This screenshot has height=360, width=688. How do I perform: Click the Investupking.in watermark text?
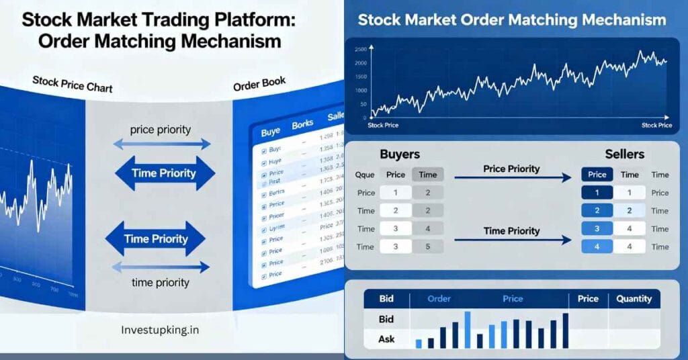point(161,330)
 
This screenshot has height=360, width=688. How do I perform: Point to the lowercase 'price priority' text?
point(161,128)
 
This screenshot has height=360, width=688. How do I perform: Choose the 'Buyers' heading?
point(400,154)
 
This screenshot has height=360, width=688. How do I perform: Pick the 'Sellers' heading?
point(626,154)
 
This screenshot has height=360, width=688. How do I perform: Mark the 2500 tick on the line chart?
point(360,50)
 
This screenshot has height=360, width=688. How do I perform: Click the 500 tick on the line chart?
point(362,104)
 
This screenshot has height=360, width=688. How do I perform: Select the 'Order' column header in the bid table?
point(439,299)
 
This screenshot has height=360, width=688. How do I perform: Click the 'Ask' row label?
point(386,339)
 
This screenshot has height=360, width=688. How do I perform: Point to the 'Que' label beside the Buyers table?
point(365,175)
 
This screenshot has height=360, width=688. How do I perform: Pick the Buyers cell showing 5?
point(427,246)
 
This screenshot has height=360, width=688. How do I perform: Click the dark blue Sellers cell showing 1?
point(597,193)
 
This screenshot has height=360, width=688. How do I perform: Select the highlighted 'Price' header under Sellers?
point(597,175)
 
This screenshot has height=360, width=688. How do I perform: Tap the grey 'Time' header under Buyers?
point(427,175)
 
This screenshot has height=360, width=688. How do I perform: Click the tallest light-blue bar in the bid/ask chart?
point(468,330)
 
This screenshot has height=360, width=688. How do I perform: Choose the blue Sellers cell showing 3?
point(597,229)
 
